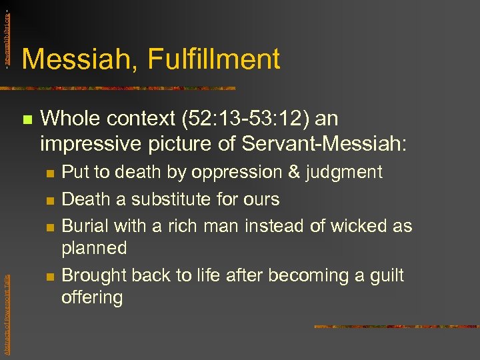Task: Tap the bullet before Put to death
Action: pos(49,173)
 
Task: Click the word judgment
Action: pos(344,172)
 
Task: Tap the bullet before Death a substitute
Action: pos(49,200)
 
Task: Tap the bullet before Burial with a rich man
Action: pos(49,227)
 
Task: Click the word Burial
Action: pos(85,225)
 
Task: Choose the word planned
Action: pos(94,248)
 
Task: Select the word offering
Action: pos(92,297)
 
